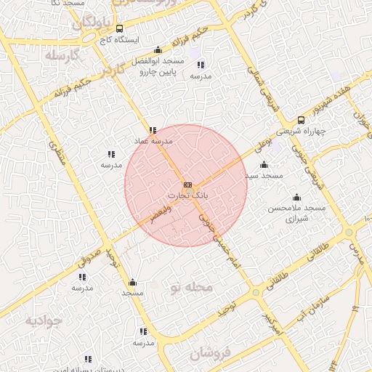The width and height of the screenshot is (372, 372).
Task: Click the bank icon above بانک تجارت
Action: point(188,185)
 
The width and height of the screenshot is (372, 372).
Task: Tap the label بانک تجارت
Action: point(187,196)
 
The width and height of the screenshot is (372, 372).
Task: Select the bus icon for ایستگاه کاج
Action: point(120,28)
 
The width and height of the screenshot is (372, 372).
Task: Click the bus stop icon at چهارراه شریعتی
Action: point(301,121)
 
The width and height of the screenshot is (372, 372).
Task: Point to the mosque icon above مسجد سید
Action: point(263,165)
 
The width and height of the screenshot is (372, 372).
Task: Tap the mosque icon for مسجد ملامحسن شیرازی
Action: point(296,197)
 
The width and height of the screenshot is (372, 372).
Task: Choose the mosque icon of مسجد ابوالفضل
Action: point(158,50)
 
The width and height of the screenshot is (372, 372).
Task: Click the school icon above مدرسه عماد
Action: point(153,130)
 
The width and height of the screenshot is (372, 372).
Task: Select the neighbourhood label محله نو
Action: point(190,288)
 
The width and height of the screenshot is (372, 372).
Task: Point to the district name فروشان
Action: point(211,354)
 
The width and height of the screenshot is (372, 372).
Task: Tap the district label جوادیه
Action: point(41,320)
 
